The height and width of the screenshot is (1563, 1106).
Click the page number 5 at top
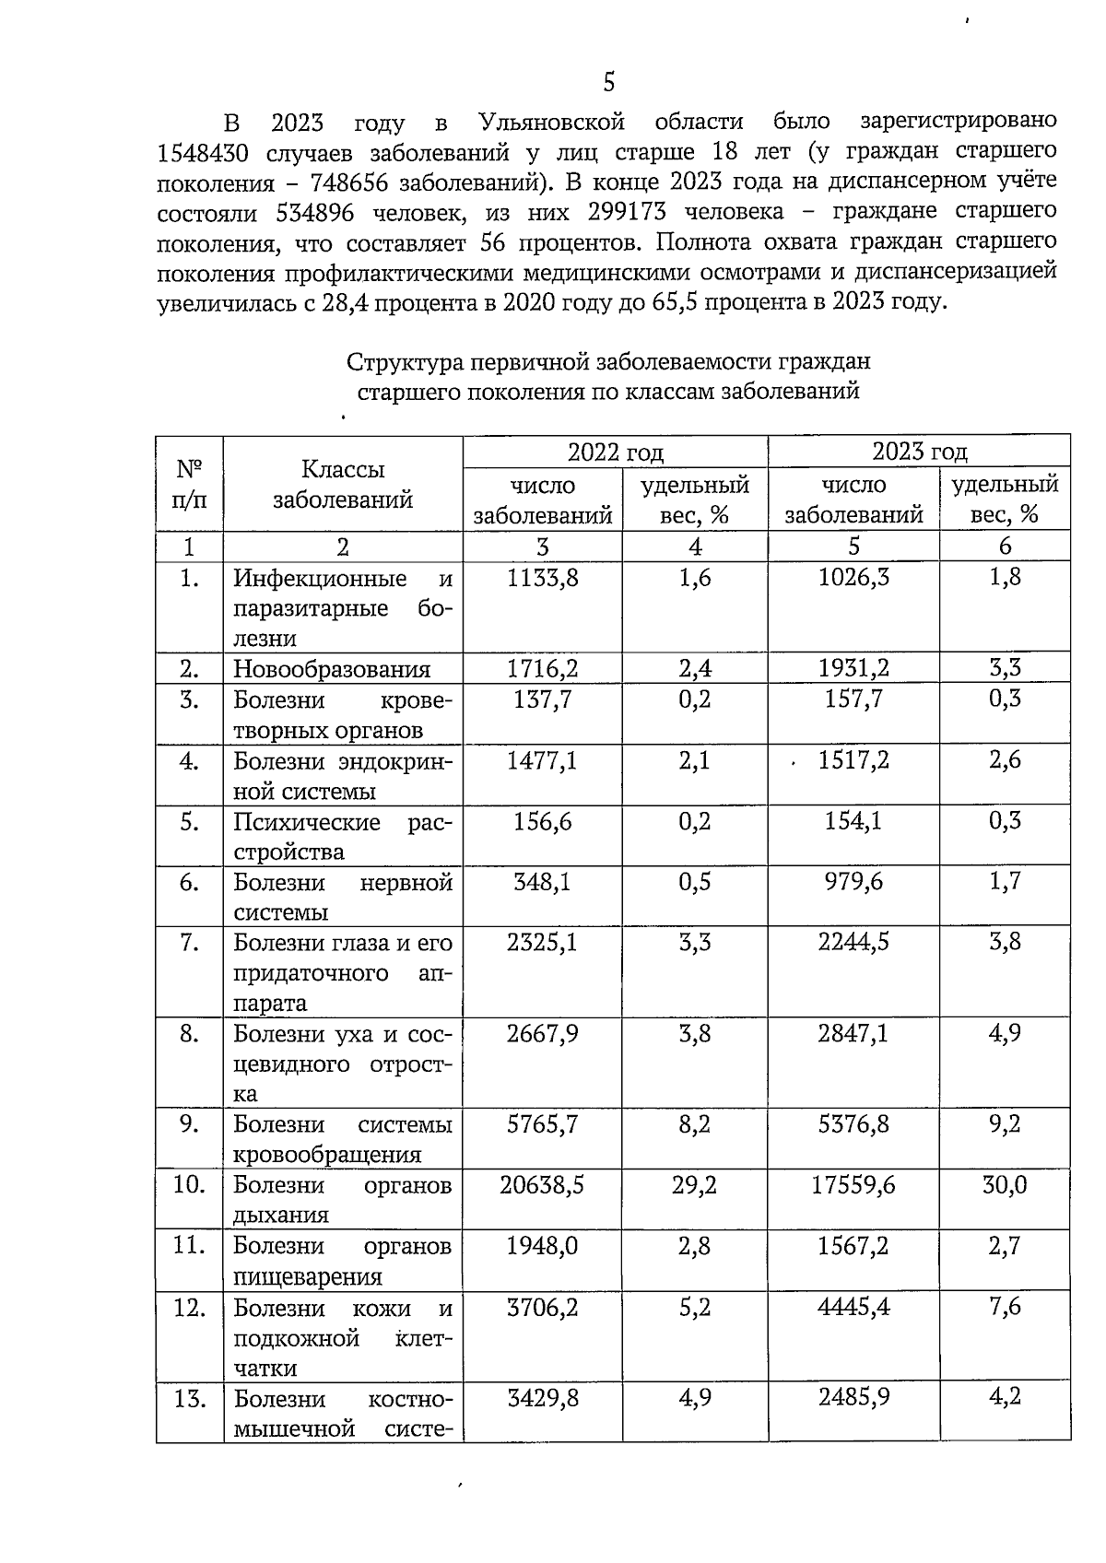click(608, 83)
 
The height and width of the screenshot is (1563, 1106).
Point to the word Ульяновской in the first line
click(552, 122)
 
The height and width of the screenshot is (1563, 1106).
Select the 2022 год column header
click(615, 452)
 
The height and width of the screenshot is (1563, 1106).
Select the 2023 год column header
click(919, 452)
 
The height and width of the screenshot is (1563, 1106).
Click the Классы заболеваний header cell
click(343, 485)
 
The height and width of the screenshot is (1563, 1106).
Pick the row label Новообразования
click(332, 669)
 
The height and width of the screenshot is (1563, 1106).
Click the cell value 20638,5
click(542, 1185)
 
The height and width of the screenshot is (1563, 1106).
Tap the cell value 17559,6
click(853, 1185)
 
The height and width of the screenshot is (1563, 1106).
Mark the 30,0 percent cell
click(1005, 1185)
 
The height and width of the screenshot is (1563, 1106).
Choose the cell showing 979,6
click(853, 883)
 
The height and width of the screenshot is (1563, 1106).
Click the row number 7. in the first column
click(189, 944)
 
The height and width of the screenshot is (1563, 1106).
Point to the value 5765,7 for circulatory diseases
click(542, 1124)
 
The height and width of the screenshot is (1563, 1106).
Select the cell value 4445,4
click(853, 1307)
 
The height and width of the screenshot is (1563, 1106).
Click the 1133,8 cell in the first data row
click(542, 579)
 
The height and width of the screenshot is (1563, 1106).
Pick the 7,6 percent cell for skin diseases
click(1005, 1307)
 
